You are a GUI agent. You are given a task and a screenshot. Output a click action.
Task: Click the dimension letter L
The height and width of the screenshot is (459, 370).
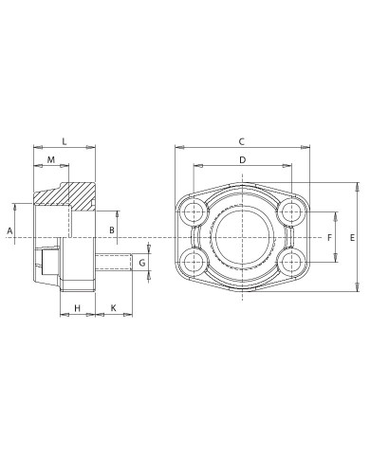pos(65,141)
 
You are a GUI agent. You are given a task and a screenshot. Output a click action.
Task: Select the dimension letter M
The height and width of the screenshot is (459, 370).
pos(51,159)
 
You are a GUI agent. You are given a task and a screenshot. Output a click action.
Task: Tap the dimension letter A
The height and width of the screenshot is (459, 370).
pos(10,230)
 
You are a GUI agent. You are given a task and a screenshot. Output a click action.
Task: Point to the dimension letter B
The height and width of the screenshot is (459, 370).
pos(112,230)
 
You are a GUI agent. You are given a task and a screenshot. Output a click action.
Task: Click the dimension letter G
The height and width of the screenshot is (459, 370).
pos(142,262)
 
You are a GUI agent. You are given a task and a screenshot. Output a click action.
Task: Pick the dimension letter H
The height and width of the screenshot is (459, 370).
pos(78,307)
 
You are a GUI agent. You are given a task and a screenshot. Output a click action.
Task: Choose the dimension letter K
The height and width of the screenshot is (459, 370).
pos(114,307)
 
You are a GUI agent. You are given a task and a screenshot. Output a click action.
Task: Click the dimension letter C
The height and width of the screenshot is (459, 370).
pos(242,141)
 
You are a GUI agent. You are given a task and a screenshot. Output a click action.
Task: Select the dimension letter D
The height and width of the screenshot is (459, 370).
pos(243,160)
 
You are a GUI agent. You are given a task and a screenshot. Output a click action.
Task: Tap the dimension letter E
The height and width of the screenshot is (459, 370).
pos(353,238)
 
